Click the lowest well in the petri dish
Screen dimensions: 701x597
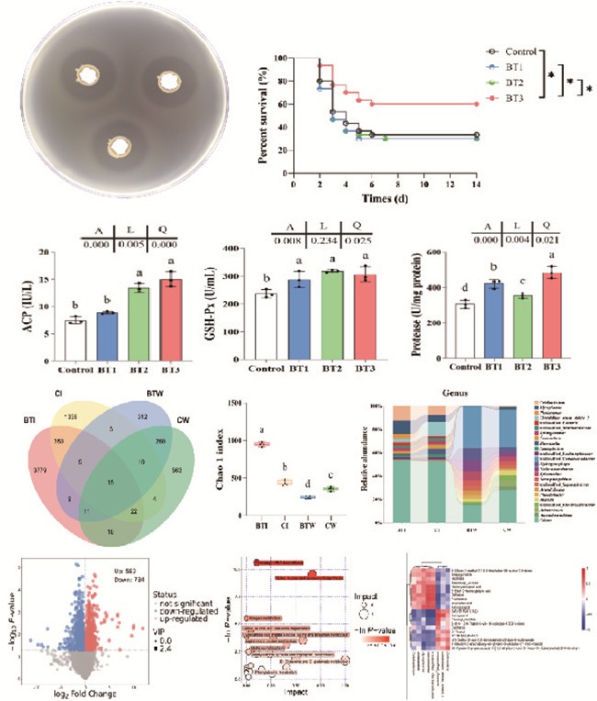click(118, 145)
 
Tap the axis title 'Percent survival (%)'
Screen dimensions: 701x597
click(265, 119)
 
